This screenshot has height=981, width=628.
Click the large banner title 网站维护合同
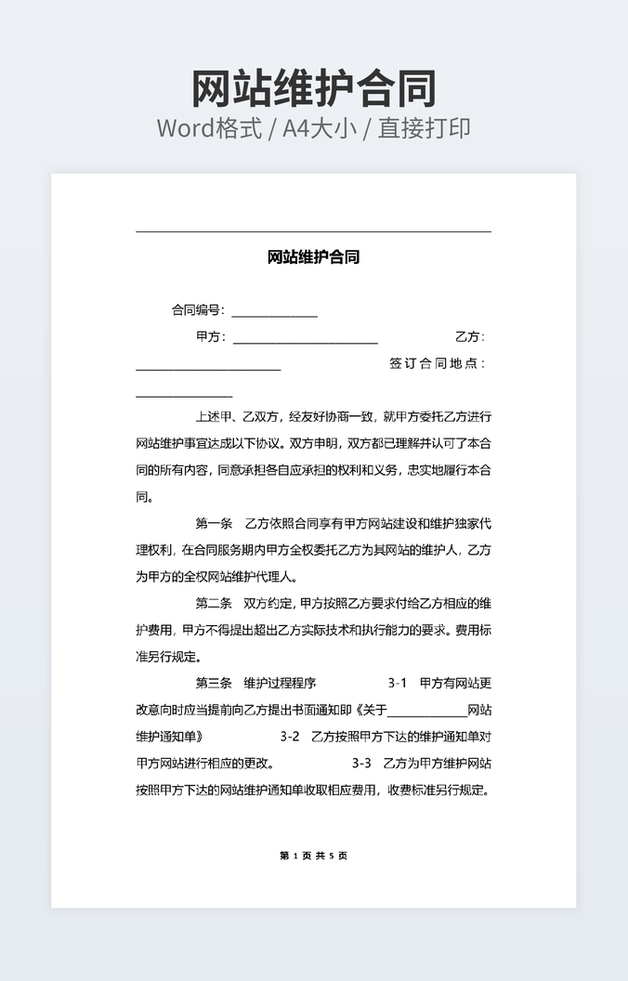[314, 89]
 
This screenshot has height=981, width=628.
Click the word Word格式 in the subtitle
[208, 128]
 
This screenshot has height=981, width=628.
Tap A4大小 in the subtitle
[320, 128]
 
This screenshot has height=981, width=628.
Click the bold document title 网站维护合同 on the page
[313, 257]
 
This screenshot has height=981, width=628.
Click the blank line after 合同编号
[275, 312]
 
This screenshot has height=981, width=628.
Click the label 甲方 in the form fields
[209, 337]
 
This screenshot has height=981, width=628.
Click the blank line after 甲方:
[305, 339]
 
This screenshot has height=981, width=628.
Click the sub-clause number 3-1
[398, 684]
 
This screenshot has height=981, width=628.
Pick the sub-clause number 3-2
[290, 737]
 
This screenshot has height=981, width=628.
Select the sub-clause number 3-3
[361, 764]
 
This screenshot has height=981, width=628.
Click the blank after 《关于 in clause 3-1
[426, 713]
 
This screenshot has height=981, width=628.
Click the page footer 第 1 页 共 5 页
[313, 856]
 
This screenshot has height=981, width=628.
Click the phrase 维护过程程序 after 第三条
[280, 684]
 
